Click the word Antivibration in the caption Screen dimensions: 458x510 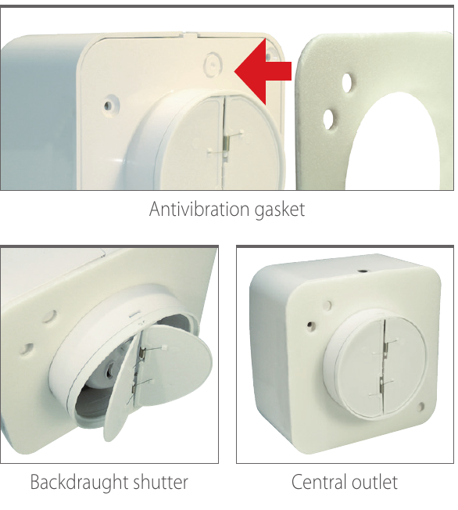[x=200, y=209]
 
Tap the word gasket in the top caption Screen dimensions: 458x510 [x=280, y=209]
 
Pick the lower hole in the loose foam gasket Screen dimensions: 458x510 [x=329, y=119]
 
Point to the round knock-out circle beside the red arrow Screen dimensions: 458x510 [x=213, y=64]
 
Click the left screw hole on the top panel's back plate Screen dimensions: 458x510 [x=109, y=105]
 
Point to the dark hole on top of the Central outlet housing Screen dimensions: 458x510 [x=361, y=271]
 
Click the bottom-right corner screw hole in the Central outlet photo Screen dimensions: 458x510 [x=421, y=406]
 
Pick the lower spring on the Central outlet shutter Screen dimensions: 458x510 [x=381, y=384]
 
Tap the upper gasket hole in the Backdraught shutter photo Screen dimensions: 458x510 [x=50, y=316]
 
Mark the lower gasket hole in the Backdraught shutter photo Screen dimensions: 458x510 [x=26, y=348]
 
